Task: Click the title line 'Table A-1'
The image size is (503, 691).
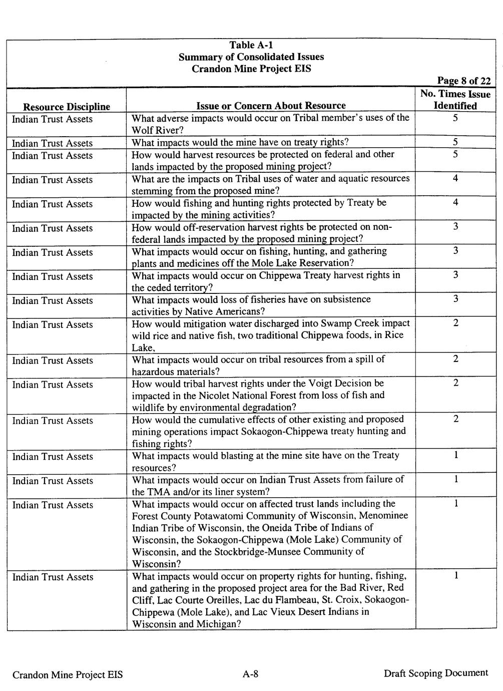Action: tap(251, 46)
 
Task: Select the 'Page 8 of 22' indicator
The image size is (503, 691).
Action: tap(463, 81)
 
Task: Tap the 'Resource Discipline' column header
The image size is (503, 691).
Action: tap(67, 107)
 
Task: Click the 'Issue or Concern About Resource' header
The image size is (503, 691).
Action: tap(271, 106)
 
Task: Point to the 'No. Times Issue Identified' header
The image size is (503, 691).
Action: tap(455, 100)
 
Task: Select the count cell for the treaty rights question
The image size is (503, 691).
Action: tap(455, 143)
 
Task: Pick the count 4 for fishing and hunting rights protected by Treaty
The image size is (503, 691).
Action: tap(455, 203)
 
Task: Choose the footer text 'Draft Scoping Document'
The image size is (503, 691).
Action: tap(435, 673)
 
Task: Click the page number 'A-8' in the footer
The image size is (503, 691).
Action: tap(250, 674)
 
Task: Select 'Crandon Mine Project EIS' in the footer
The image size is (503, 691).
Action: tap(68, 674)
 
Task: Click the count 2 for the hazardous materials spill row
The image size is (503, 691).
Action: tap(455, 360)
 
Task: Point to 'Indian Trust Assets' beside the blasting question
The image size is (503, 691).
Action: tap(53, 457)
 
